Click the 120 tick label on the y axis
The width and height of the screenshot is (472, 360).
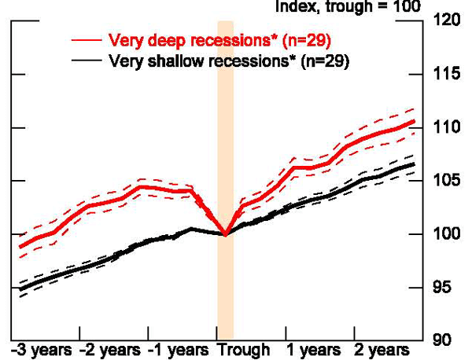pyautogui.click(x=447, y=21)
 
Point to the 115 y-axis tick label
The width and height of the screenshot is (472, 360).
pyautogui.click(x=447, y=75)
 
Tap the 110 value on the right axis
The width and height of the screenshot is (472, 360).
pyautogui.click(x=447, y=127)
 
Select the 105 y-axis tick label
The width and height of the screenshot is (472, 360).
pyautogui.click(x=447, y=181)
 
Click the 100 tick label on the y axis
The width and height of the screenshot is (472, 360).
pyautogui.click(x=447, y=234)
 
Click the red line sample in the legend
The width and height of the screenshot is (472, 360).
pyautogui.click(x=87, y=39)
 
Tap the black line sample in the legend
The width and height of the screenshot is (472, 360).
pyautogui.click(x=87, y=60)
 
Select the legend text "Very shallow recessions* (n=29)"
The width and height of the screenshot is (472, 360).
pyautogui.click(x=228, y=60)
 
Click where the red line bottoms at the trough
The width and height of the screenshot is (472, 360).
pyautogui.click(x=226, y=234)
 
